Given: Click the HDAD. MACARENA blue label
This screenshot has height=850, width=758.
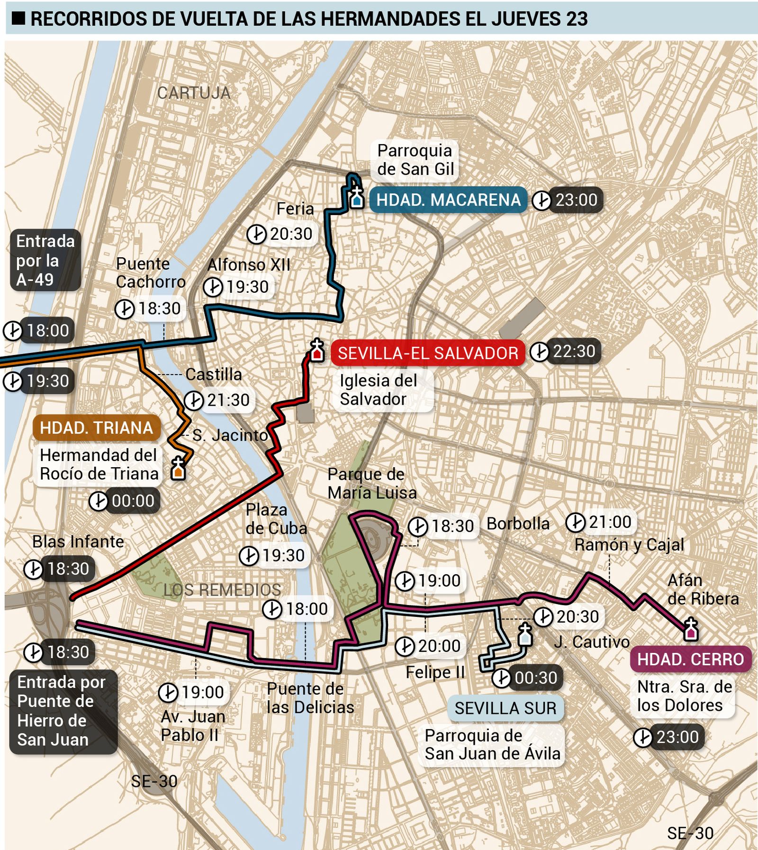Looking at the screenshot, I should [448, 200].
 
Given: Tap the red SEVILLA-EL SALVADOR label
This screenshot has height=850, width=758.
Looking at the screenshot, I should [427, 353].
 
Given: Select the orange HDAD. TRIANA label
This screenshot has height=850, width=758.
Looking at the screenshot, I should [96, 428].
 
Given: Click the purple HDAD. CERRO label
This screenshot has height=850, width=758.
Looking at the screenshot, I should [690, 659].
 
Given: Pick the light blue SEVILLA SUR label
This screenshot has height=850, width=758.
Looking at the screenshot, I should [505, 708].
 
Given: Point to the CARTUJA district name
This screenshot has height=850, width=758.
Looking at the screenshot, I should [194, 93].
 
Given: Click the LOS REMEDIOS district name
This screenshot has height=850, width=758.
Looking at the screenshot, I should [222, 590].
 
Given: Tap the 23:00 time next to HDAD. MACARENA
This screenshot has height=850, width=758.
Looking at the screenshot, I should [576, 200].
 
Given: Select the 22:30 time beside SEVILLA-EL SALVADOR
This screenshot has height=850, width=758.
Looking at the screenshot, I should [574, 352].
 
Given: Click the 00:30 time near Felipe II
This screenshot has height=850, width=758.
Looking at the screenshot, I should [535, 678].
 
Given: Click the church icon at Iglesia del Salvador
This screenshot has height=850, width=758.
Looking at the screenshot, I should [317, 351].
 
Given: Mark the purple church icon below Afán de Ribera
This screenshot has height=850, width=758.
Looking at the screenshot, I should [691, 630].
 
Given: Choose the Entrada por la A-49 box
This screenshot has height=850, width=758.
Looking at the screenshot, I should [45, 260].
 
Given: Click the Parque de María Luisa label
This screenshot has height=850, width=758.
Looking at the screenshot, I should [372, 483].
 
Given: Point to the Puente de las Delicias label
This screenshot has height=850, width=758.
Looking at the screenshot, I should [310, 697].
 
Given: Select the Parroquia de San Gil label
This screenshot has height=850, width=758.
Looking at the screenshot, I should [415, 160].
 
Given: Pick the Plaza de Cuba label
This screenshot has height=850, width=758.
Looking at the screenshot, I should [276, 519].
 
